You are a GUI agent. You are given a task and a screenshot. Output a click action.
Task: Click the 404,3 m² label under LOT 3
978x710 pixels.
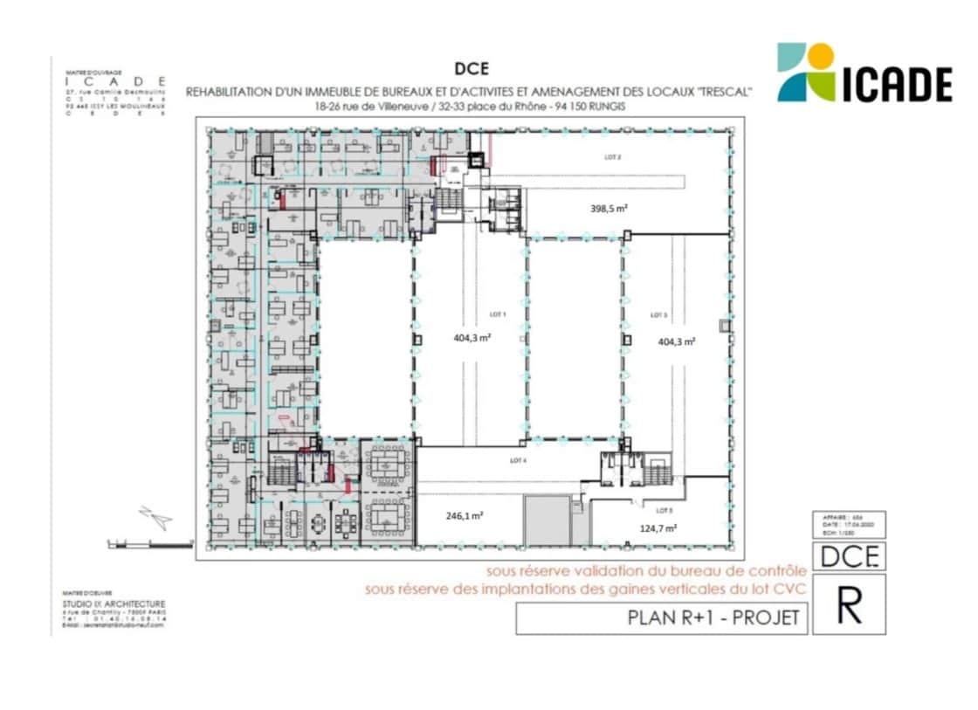676,342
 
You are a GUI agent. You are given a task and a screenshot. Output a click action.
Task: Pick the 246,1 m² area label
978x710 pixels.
465,515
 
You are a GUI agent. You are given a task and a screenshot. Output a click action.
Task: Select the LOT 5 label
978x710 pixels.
665,510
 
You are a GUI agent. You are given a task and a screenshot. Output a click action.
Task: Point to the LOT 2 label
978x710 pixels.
613,158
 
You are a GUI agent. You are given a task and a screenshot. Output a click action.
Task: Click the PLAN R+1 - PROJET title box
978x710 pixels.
661,618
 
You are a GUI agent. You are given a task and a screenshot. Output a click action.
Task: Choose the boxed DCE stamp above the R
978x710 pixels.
849,556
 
